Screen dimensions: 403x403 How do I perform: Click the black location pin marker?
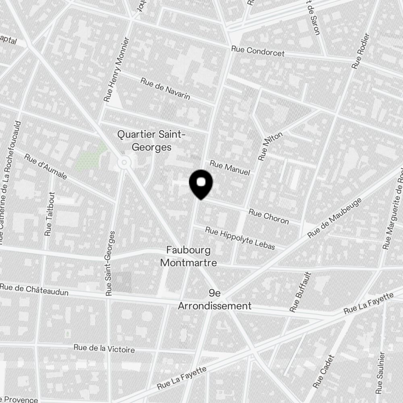pyautogui.click(x=201, y=184)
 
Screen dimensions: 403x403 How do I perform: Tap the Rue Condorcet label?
pyautogui.click(x=258, y=51)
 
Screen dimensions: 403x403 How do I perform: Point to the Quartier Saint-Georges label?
pyautogui.click(x=151, y=141)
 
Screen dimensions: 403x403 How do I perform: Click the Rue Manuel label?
pyautogui.click(x=230, y=168)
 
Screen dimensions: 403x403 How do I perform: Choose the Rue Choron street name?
pyautogui.click(x=269, y=216)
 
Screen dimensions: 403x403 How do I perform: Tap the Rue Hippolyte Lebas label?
pyautogui.click(x=240, y=238)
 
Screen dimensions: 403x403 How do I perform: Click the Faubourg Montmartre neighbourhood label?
pyautogui.click(x=189, y=257)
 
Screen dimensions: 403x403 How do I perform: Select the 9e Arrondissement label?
pyautogui.click(x=215, y=300)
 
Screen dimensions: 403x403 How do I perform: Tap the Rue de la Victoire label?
pyautogui.click(x=104, y=349)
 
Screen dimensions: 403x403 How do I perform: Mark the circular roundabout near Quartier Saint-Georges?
pyautogui.click(x=124, y=162)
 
